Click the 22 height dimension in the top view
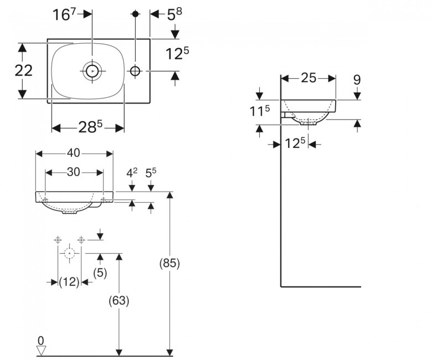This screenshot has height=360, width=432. [x=23, y=70]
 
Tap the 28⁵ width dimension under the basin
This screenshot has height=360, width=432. [x=90, y=127]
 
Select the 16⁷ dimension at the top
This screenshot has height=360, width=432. [x=64, y=14]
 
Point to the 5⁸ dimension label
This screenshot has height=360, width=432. [x=174, y=14]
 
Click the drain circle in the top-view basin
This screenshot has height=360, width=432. [x=92, y=71]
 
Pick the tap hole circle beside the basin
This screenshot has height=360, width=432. [x=135, y=71]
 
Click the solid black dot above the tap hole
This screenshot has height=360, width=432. [x=135, y=13]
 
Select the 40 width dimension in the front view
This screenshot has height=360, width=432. [x=73, y=153]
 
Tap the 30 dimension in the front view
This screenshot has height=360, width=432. [x=73, y=172]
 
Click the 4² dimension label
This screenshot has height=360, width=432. [x=132, y=173]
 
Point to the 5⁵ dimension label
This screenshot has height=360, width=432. [x=151, y=173]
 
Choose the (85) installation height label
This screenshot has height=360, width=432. [x=169, y=263]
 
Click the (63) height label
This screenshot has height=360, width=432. [x=119, y=300]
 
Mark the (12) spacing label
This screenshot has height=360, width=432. [x=69, y=282]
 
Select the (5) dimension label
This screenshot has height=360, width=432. [x=100, y=272]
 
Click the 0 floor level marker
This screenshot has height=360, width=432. [x=41, y=341]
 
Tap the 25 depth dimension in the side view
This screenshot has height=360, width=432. [x=308, y=78]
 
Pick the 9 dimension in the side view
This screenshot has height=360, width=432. [x=357, y=80]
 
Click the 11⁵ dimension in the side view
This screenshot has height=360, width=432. [x=260, y=111]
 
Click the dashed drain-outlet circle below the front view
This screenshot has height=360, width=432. [x=69, y=253]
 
